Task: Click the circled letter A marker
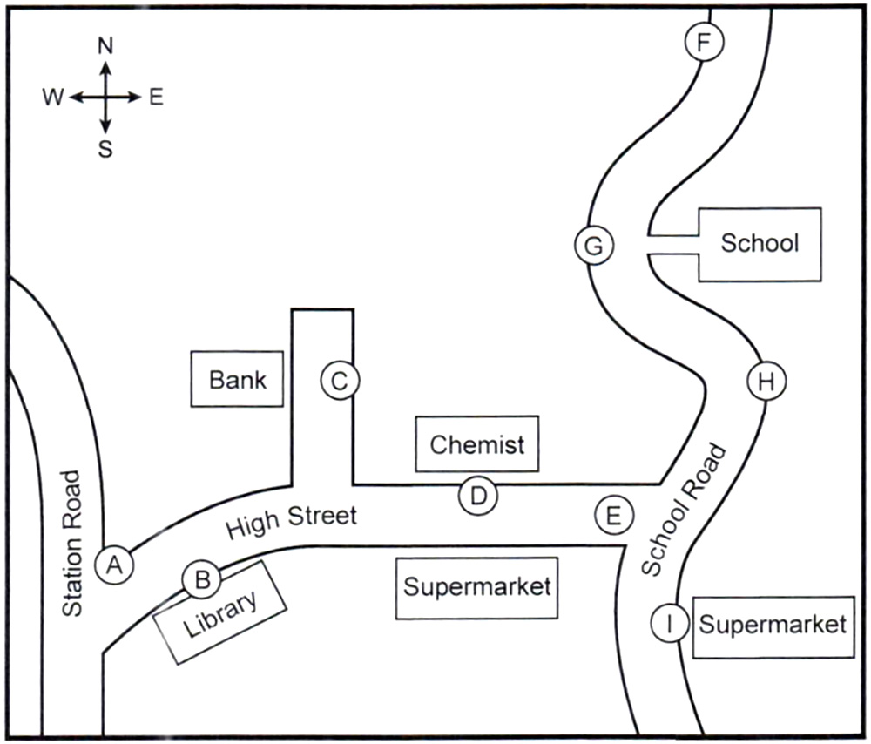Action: [x=114, y=565]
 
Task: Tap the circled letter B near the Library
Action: [x=201, y=579]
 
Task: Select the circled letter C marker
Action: [x=340, y=380]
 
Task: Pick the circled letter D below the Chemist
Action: [x=478, y=497]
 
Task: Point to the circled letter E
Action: [x=613, y=515]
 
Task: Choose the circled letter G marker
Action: [x=594, y=246]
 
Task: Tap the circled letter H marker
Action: [x=766, y=382]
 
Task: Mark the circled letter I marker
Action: [x=670, y=624]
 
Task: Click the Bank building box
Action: [x=238, y=379]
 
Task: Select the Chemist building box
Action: [x=477, y=444]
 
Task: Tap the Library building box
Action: [x=220, y=614]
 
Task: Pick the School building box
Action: [x=760, y=244]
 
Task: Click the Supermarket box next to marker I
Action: [x=773, y=625]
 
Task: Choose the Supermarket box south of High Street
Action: [x=476, y=587]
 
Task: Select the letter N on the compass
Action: [x=105, y=47]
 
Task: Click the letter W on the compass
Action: [x=52, y=98]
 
